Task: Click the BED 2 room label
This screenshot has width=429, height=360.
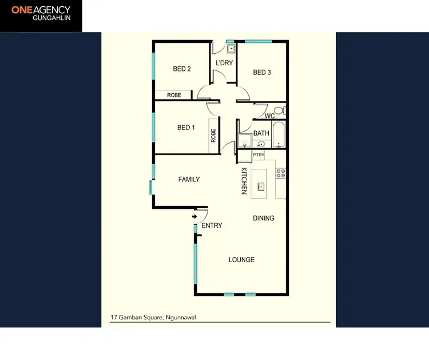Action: coord(182,69)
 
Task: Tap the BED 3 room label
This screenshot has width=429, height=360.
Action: coord(262,73)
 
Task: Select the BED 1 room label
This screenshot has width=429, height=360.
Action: coord(186,128)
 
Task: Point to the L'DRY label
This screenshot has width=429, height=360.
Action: coord(224,63)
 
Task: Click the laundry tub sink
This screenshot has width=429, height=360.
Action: coord(231,49)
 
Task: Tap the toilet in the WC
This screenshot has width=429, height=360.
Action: coord(278,110)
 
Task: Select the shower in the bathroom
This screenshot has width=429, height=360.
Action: coord(245,141)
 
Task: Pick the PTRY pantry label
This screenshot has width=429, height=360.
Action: coord(259,155)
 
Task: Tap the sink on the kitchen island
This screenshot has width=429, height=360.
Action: coord(261,186)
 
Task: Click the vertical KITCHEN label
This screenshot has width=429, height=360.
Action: coord(243,181)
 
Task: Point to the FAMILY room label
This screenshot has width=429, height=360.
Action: coord(189,179)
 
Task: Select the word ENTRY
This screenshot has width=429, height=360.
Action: coord(212,226)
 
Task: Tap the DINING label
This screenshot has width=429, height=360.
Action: coord(264,218)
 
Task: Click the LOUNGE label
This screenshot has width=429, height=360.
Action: coord(241,260)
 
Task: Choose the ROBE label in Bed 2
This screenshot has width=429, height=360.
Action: coord(174,95)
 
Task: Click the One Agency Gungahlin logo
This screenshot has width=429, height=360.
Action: coord(41,15)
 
